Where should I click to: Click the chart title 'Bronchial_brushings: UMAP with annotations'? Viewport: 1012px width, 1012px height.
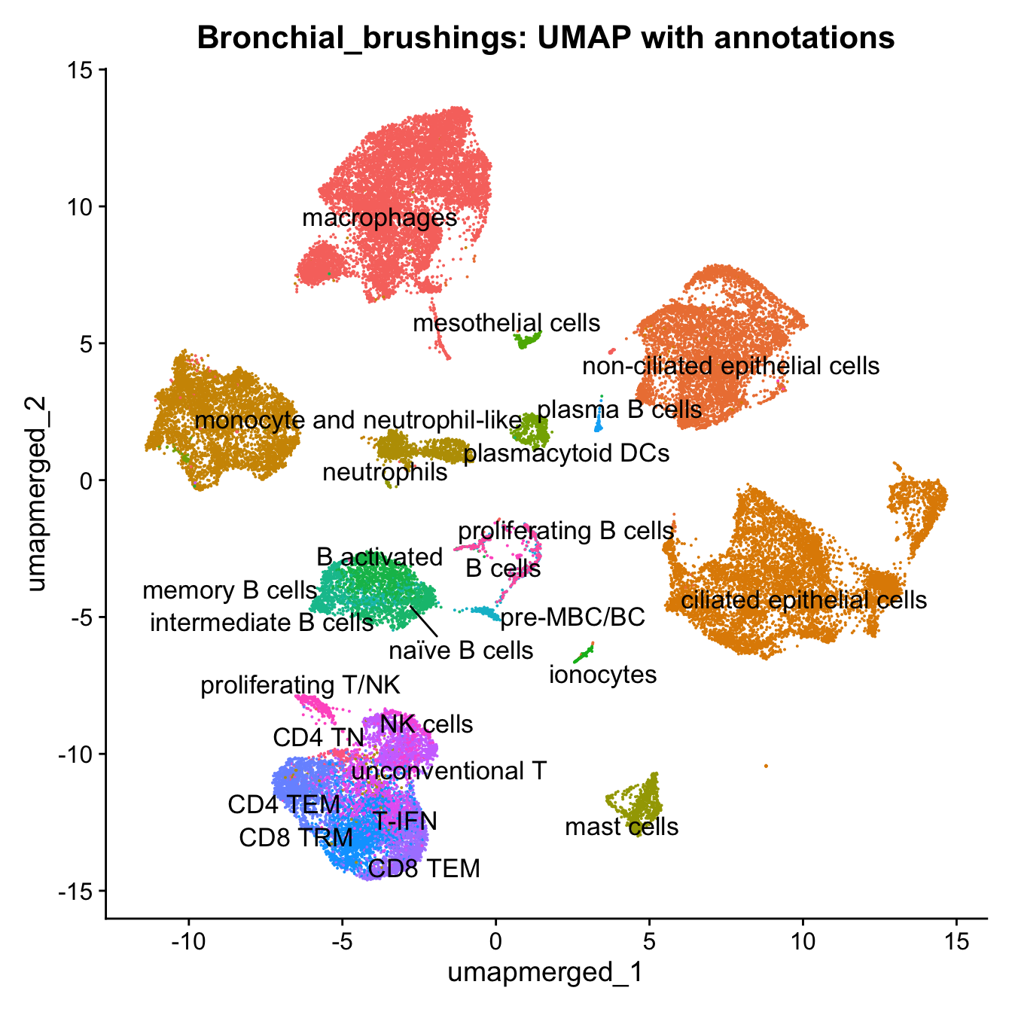[x=546, y=37]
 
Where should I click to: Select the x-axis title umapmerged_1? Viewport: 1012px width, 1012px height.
[x=546, y=972]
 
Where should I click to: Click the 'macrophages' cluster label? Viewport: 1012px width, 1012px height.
[x=379, y=218]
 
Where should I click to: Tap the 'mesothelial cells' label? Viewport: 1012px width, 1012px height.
[x=507, y=324]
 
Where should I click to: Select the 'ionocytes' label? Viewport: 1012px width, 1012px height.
[x=602, y=675]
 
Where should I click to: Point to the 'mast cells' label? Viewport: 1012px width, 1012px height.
[x=622, y=827]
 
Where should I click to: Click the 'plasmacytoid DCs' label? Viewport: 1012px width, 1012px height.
[x=566, y=453]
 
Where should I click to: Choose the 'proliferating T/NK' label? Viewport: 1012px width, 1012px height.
[x=300, y=685]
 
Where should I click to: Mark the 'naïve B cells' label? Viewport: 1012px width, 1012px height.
[x=461, y=650]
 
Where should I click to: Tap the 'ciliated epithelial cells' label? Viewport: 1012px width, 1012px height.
[x=803, y=600]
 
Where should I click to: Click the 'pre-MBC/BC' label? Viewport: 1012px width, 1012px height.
[x=572, y=617]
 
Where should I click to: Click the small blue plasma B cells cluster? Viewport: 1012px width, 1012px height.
[x=599, y=425]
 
